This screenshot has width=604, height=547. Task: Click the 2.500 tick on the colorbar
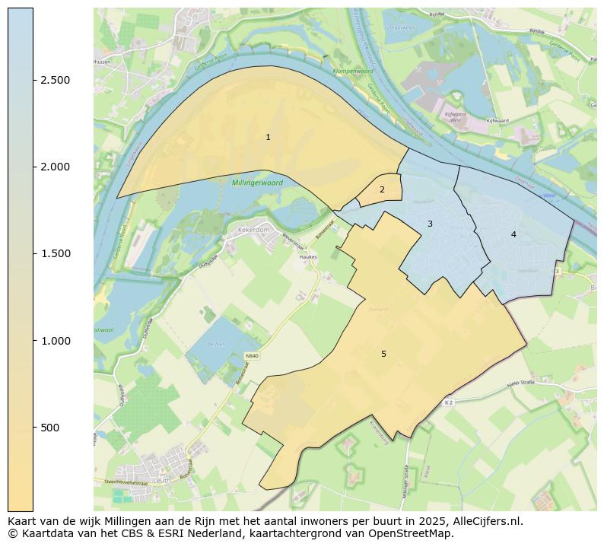pyautogui.click(x=56, y=80)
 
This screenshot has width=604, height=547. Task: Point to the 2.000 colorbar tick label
pyautogui.click(x=56, y=167)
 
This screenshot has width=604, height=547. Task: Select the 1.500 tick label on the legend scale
pyautogui.click(x=56, y=253)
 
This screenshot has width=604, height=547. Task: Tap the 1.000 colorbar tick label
pyautogui.click(x=56, y=341)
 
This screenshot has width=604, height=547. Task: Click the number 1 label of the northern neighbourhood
pyautogui.click(x=268, y=137)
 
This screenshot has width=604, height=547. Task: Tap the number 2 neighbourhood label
pyautogui.click(x=382, y=189)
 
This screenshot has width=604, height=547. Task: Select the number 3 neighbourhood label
pyautogui.click(x=430, y=224)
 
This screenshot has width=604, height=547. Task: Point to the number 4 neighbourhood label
pyautogui.click(x=513, y=234)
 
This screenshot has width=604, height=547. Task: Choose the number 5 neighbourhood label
pyautogui.click(x=383, y=354)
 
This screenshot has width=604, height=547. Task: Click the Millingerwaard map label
pyautogui.click(x=258, y=183)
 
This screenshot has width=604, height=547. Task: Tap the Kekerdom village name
pyautogui.click(x=253, y=228)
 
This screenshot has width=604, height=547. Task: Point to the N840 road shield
pyautogui.click(x=252, y=356)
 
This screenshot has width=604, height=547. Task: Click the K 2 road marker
pyautogui.click(x=449, y=402)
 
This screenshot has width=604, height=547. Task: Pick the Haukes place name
pyautogui.click(x=307, y=257)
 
